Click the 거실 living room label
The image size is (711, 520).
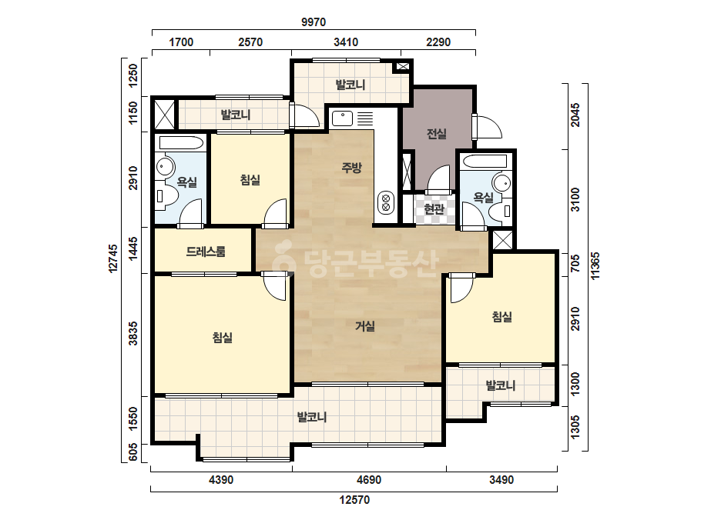[365, 326]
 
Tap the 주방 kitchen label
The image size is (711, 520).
[351, 168]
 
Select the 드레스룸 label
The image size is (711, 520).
[206, 252]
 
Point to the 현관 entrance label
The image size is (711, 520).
[434, 208]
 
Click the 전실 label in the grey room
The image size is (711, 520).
[437, 134]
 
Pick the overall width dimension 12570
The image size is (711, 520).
[354, 500]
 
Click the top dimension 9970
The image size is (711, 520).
[314, 22]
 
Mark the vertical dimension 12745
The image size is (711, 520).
[113, 258]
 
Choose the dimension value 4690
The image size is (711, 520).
[369, 479]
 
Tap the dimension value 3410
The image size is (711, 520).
[346, 42]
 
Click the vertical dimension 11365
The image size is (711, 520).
[595, 266]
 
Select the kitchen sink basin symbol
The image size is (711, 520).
[342, 118]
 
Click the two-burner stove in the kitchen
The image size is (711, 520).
[386, 202]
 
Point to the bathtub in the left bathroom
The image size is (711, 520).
[181, 142]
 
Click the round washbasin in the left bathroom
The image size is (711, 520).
[165, 167]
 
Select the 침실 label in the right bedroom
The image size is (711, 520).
[502, 317]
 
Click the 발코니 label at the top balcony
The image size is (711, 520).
[350, 85]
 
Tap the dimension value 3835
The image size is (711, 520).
[133, 333]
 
